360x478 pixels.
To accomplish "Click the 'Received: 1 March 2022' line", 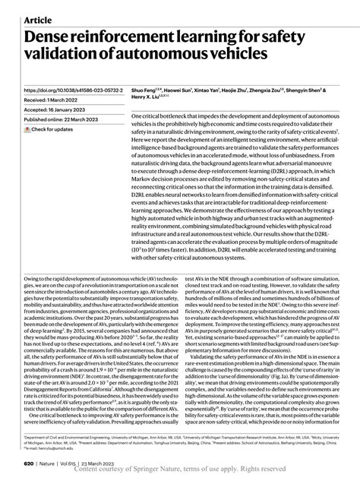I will pyautogui.click(x=55, y=99).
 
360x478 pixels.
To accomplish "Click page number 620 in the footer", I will pyautogui.click(x=29, y=463).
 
